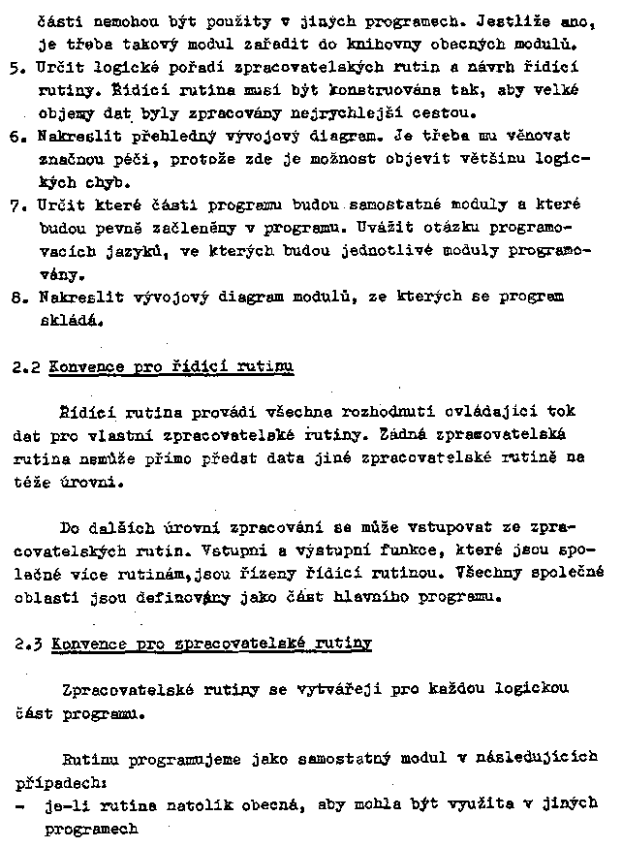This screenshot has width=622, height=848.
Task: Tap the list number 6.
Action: click(x=13, y=137)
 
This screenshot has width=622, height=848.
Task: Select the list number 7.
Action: click(x=13, y=205)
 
